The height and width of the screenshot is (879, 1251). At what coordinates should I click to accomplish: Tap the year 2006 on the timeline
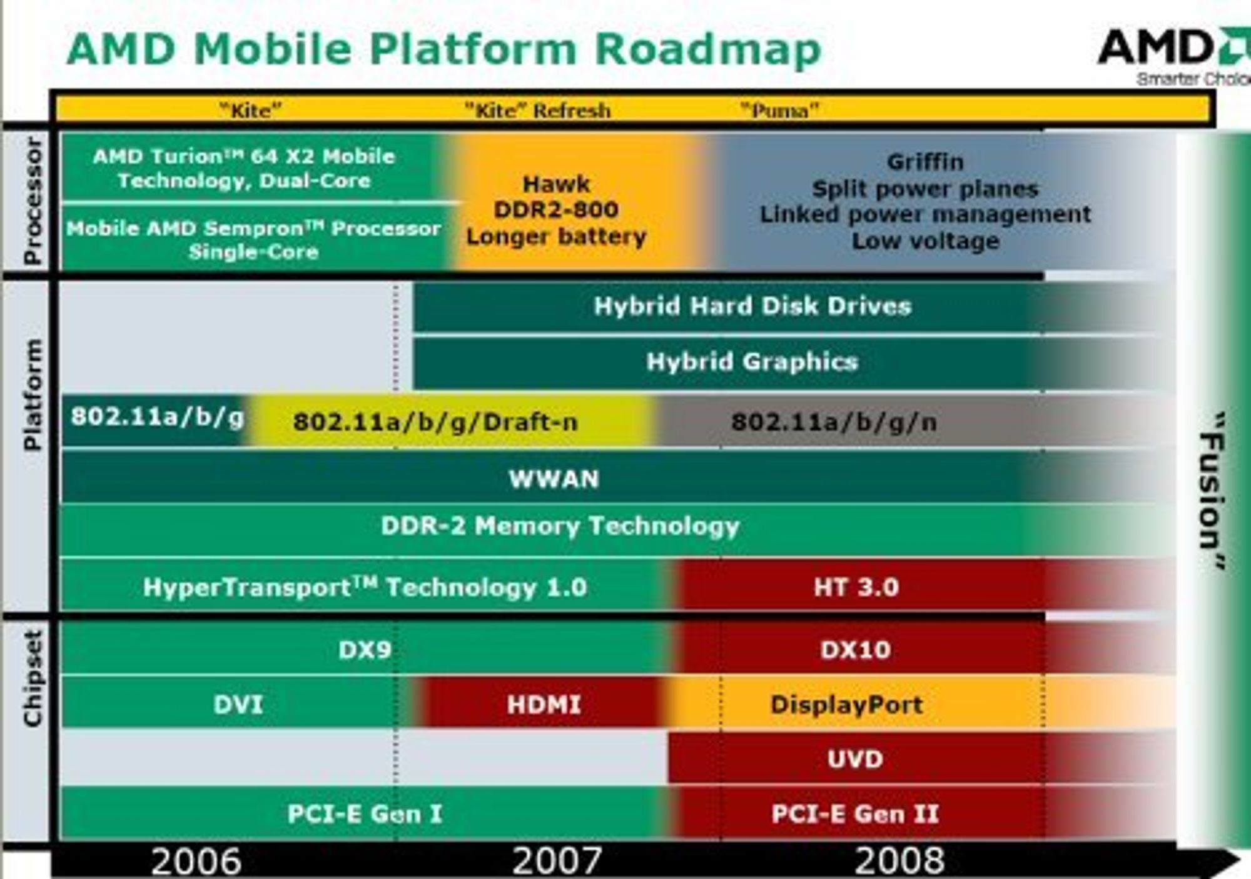pos(196,861)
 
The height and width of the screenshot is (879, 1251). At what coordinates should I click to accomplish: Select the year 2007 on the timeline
pos(557,861)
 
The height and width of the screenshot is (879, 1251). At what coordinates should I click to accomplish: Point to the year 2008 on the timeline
pos(899,861)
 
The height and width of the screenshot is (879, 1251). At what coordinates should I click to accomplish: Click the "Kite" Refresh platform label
pos(537,111)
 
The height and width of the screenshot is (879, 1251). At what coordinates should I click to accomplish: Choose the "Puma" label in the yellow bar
pos(779,111)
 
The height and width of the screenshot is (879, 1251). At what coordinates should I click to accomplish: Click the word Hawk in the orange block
pos(556,184)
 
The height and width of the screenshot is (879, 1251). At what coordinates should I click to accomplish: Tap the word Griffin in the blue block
pos(925,162)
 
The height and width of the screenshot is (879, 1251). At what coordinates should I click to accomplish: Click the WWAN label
pos(554,479)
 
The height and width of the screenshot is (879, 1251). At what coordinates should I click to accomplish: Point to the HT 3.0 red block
pos(919,586)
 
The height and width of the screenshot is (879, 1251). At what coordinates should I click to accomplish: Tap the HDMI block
pos(543,704)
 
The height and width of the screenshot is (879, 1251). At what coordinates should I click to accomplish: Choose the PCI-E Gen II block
pos(919,813)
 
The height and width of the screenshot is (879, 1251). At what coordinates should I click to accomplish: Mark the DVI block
pos(238,704)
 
